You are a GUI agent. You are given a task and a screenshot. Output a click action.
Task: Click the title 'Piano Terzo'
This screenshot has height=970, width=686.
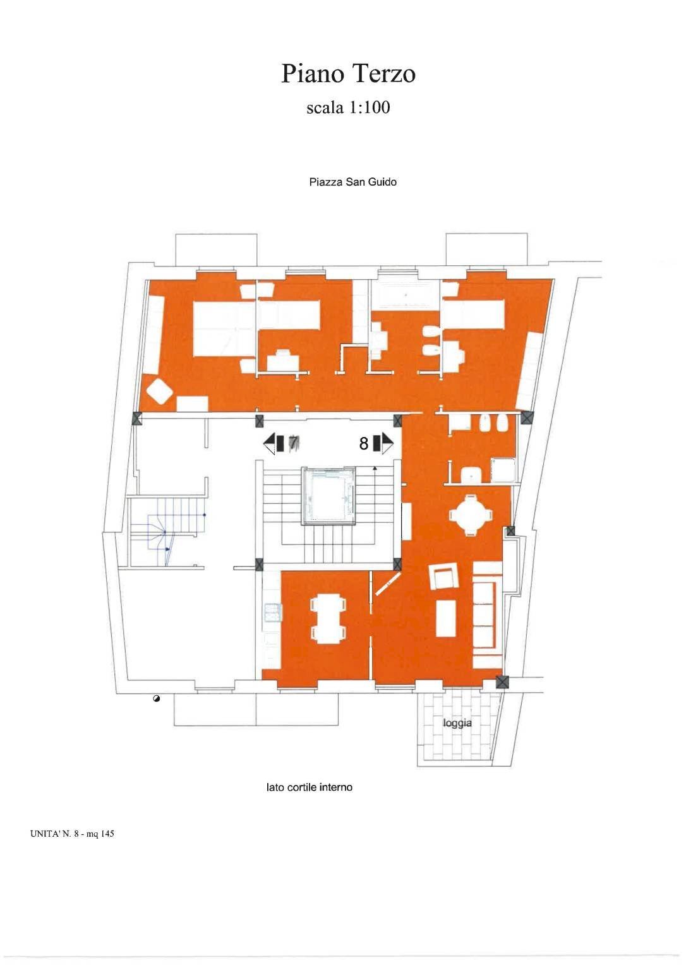click(348, 74)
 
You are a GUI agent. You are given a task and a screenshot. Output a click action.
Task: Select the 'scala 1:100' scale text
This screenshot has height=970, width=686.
click(348, 107)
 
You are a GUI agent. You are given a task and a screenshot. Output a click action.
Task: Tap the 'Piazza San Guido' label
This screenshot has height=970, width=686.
click(352, 182)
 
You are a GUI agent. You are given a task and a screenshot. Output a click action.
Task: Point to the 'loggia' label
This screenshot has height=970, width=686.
click(457, 723)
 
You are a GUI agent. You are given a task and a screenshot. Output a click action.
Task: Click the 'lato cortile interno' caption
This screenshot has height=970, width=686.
click(309, 787)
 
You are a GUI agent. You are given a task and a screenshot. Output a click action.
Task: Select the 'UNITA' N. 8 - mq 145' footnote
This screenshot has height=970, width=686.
click(71, 834)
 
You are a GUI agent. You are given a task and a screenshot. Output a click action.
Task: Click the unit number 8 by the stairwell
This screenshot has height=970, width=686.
click(363, 444)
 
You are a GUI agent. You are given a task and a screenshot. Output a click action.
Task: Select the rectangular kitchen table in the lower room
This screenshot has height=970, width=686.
click(328, 619)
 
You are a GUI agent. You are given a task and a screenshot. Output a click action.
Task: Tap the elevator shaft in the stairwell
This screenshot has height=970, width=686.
click(329, 496)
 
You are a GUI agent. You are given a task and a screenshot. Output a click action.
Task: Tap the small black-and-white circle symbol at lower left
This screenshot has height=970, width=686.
click(156, 698)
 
